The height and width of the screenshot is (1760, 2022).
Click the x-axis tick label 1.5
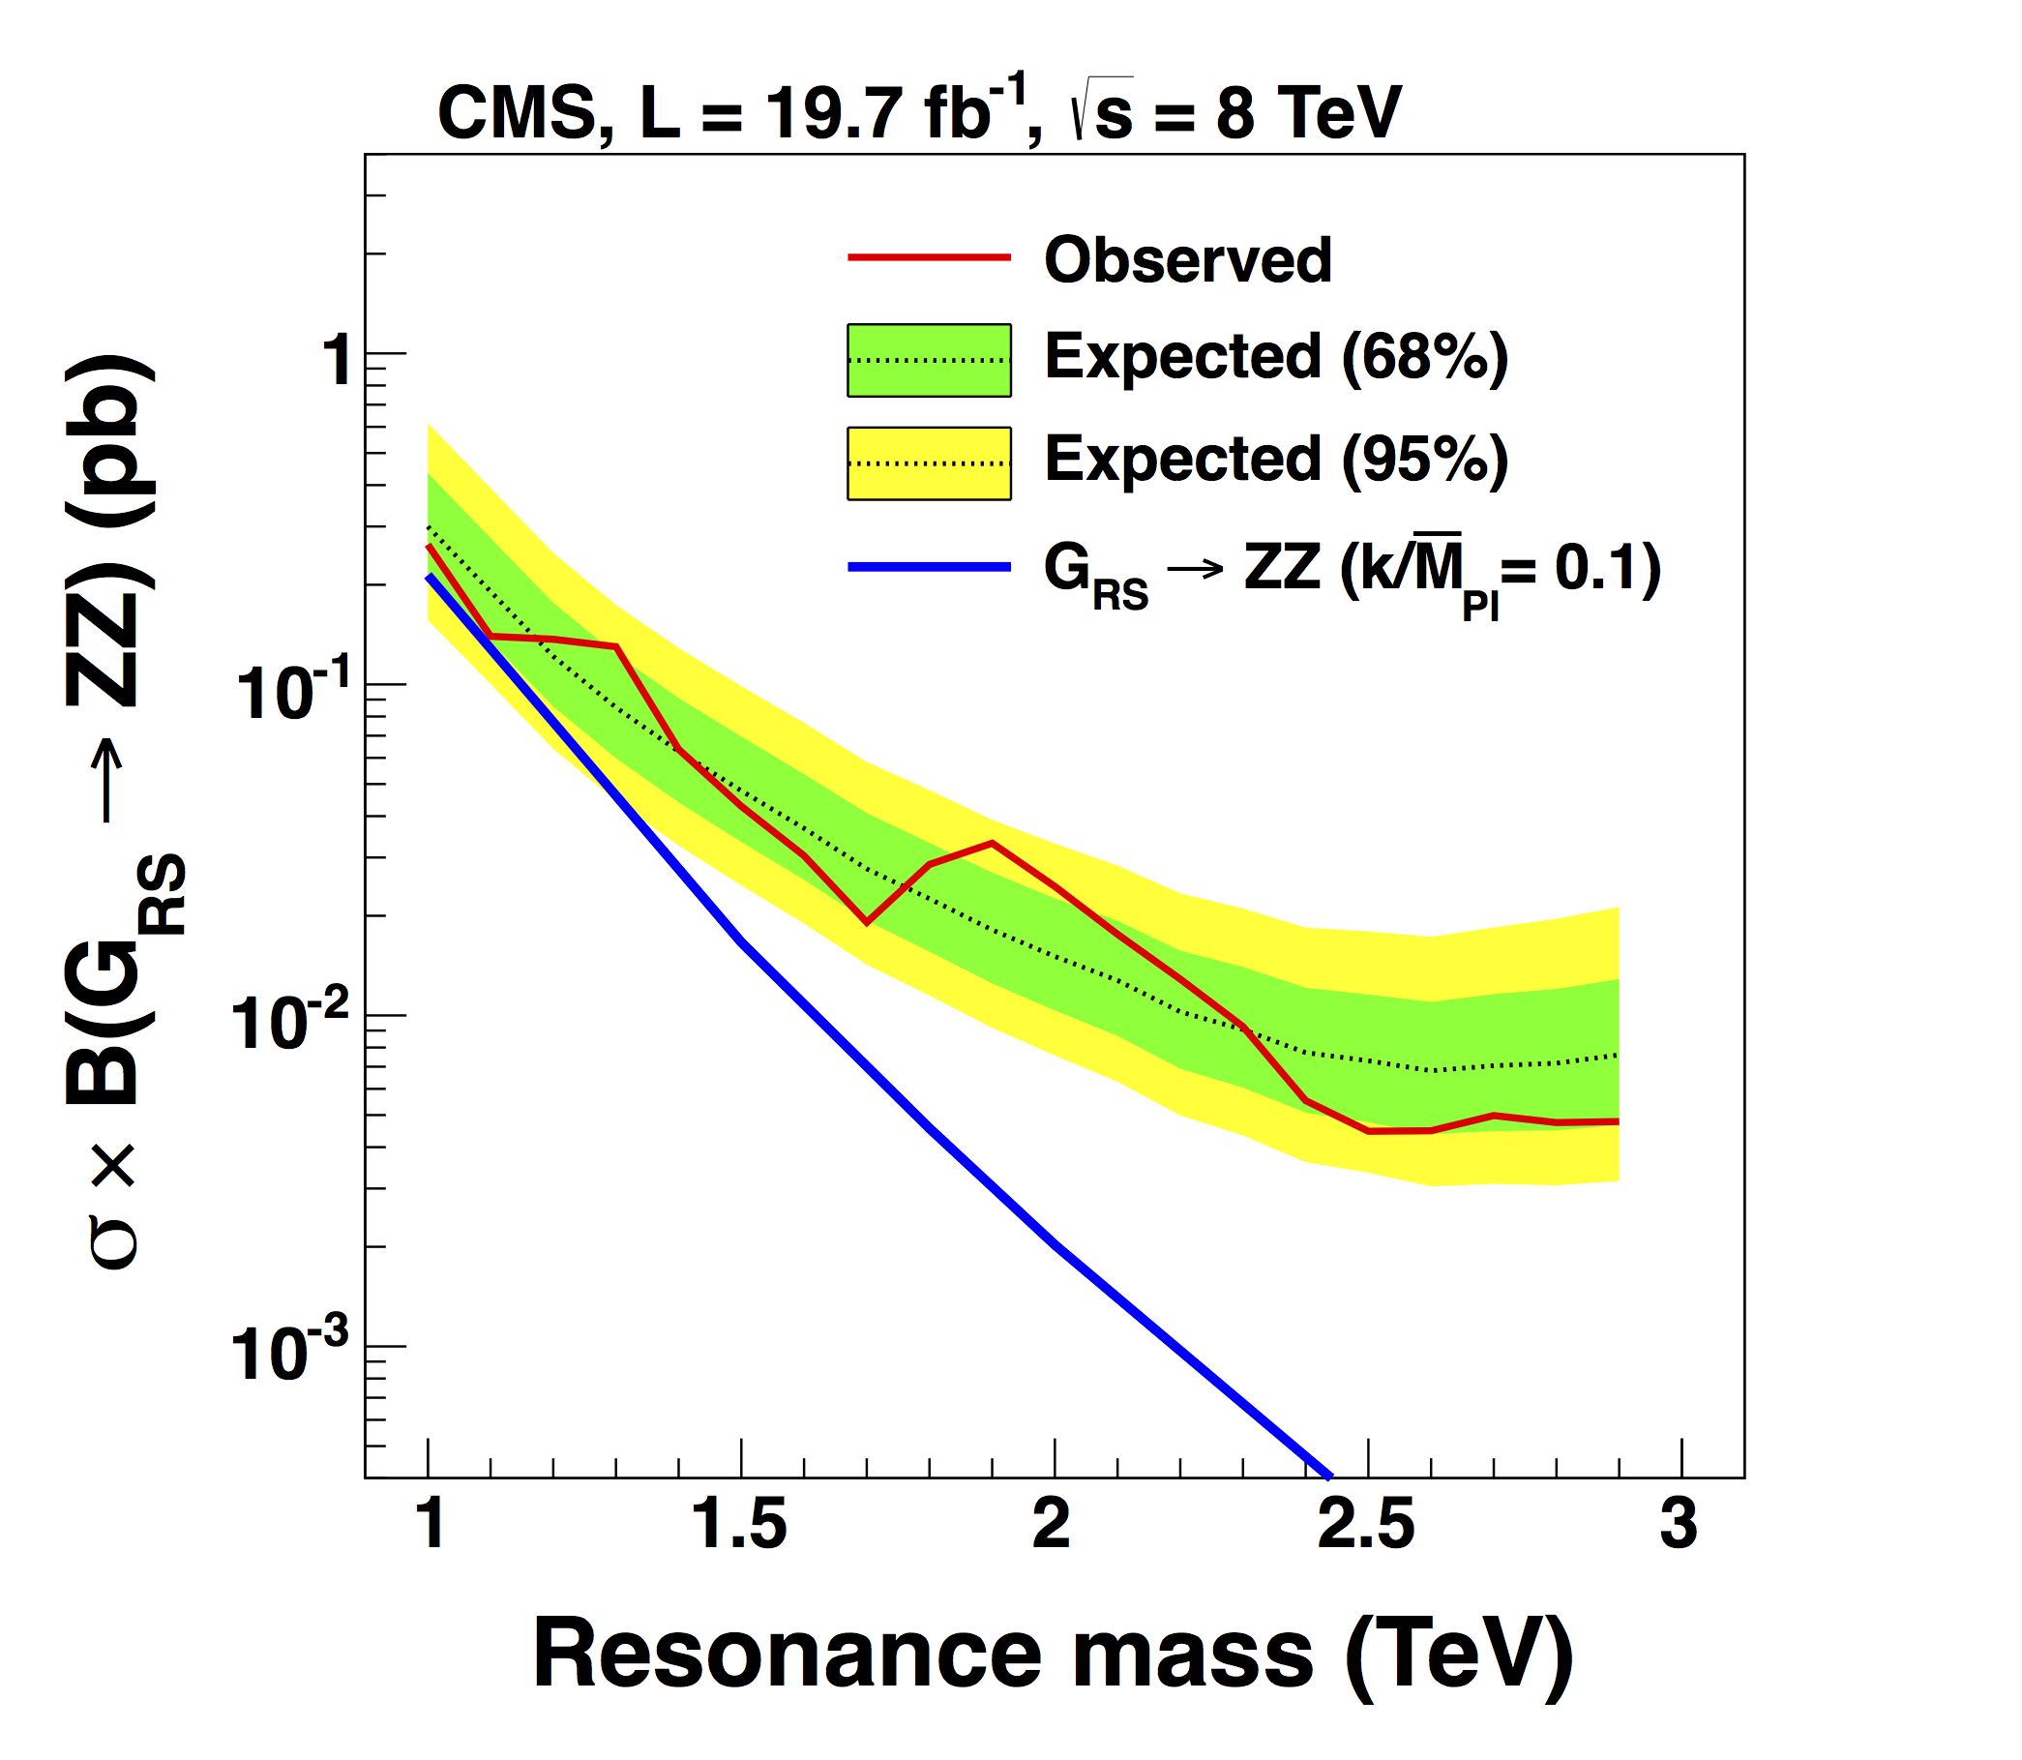[739, 1525]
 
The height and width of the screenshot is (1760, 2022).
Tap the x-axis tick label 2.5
[1366, 1525]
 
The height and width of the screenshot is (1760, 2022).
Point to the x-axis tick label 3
[1679, 1525]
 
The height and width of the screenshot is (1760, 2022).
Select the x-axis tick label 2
[1052, 1525]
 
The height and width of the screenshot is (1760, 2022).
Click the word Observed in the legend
[1187, 260]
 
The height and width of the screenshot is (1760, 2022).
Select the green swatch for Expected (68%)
[929, 361]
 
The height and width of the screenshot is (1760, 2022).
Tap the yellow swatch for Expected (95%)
[929, 463]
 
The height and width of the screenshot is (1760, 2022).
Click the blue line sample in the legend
[929, 567]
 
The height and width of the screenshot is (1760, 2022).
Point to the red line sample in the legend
[929, 257]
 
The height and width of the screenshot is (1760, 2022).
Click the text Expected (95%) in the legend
[1276, 460]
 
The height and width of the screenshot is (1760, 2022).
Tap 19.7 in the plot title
[834, 113]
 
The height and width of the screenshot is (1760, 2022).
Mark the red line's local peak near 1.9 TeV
[992, 843]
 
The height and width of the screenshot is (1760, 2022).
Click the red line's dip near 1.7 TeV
[866, 922]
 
